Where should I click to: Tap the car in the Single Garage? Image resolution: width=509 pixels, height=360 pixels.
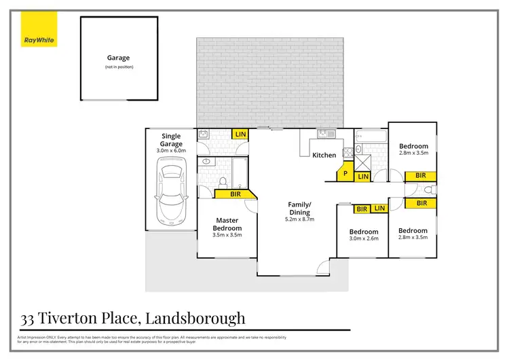tap(170, 193)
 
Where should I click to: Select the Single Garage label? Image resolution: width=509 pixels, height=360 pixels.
tap(171, 140)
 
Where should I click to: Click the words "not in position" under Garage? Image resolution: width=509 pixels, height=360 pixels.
tap(117, 67)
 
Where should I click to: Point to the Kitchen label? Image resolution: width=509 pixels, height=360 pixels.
tap(324, 156)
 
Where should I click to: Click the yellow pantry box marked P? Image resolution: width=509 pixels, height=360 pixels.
tap(346, 174)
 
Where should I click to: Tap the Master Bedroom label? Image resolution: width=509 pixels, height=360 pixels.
tap(227, 224)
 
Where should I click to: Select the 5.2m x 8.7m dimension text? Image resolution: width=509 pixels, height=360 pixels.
tap(299, 219)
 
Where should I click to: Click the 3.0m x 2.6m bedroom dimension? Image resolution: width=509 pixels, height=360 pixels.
tap(363, 238)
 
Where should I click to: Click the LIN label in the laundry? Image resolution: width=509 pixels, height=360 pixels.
tap(240, 135)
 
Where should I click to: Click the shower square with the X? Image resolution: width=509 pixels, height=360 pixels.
tap(364, 162)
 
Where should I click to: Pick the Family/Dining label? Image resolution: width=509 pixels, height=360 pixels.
tap(299, 208)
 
